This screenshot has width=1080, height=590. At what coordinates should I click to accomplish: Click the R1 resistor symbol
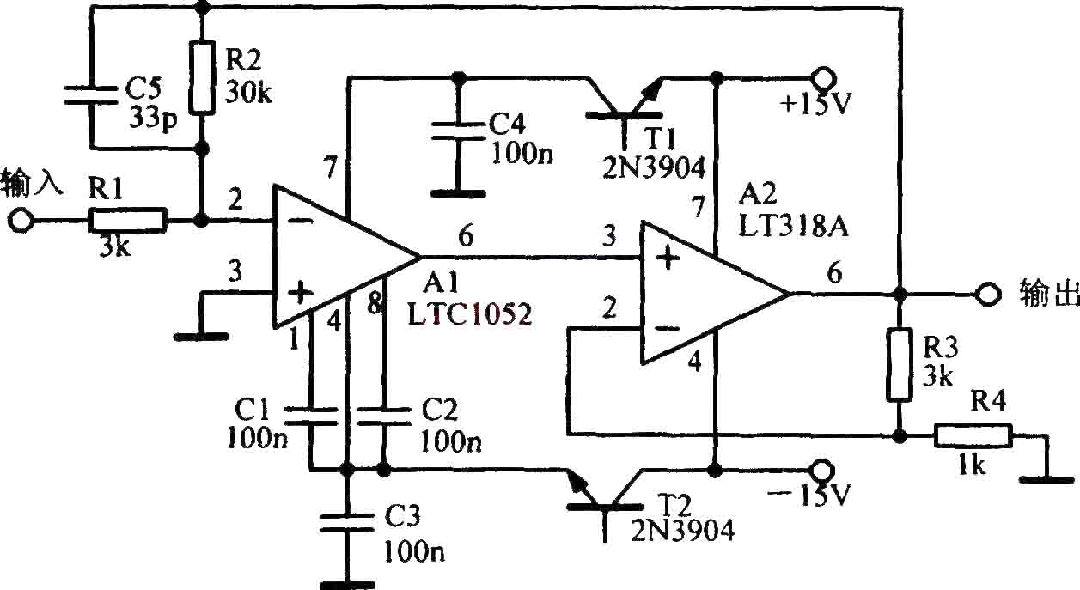[x=128, y=222]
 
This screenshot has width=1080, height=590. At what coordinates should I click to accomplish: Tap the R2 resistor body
[x=202, y=78]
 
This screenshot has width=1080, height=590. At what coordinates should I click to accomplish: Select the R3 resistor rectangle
[x=900, y=364]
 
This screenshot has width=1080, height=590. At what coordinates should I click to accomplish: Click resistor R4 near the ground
[x=973, y=435]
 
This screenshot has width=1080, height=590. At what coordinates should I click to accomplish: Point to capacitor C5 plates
[x=90, y=95]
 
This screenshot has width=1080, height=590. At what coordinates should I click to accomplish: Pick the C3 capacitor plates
[x=346, y=523]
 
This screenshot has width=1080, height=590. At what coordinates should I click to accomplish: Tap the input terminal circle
[x=21, y=222]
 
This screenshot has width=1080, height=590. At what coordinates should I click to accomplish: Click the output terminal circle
[x=988, y=293]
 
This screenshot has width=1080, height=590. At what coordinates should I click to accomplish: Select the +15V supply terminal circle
[x=823, y=78]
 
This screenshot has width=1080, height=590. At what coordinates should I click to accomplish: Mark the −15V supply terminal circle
[x=822, y=469]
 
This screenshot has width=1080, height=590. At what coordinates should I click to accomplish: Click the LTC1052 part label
[x=470, y=314]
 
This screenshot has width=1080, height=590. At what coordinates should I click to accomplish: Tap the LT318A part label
[x=793, y=226]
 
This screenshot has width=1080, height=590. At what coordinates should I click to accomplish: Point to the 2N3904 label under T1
[x=654, y=167]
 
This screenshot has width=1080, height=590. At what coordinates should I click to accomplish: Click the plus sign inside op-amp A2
[x=668, y=259]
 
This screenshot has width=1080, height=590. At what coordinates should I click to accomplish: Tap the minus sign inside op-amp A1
[x=302, y=222]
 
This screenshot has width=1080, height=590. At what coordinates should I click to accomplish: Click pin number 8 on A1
[x=375, y=303]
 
